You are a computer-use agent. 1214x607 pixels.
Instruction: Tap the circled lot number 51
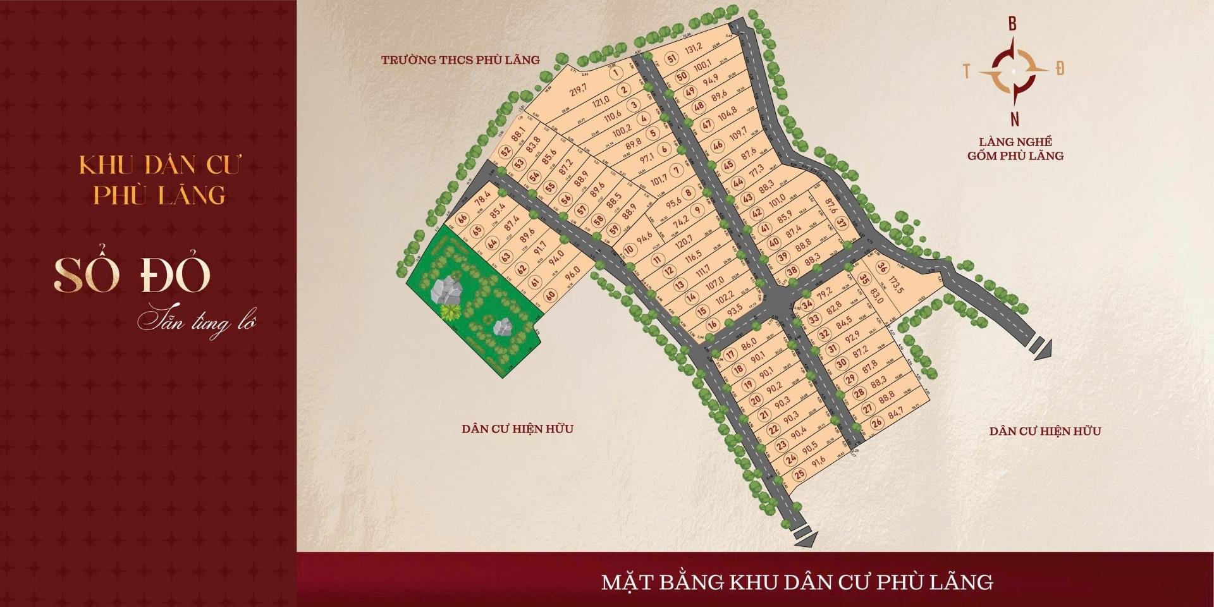pyautogui.click(x=671, y=59)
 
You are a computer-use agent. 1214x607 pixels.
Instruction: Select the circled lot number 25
pyautogui.click(x=800, y=474)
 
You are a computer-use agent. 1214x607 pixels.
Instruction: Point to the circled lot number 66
pyautogui.click(x=462, y=219)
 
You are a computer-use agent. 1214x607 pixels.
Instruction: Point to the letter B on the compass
pyautogui.click(x=1012, y=25)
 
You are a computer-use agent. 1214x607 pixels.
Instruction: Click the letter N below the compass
pyautogui.click(x=1014, y=118)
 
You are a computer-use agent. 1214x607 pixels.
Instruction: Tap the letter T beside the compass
pyautogui.click(x=967, y=71)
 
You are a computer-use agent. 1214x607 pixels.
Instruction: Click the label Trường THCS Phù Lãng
pyautogui.click(x=460, y=60)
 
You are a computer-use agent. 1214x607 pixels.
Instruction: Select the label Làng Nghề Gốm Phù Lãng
pyautogui.click(x=1015, y=149)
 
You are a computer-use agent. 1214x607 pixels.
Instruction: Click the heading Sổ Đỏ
pyautogui.click(x=132, y=276)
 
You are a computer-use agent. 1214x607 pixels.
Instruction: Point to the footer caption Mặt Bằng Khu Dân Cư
pyautogui.click(x=797, y=582)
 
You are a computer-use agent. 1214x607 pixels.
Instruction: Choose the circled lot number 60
pyautogui.click(x=550, y=295)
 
